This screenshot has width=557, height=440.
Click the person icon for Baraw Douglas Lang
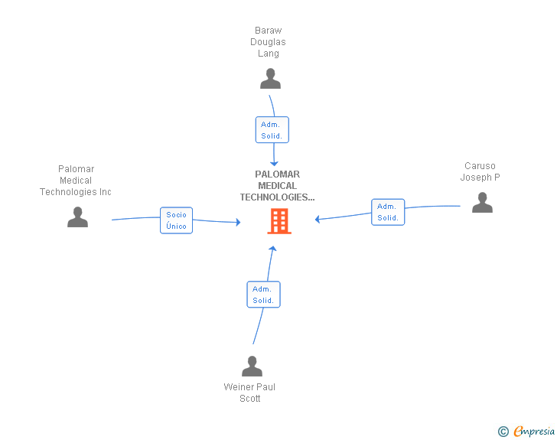270,79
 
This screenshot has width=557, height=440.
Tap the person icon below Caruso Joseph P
482,202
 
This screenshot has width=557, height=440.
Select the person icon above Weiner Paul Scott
252,366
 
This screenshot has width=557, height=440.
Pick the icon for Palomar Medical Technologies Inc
77,217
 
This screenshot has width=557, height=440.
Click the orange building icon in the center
279,221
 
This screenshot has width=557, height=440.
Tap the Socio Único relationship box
176,220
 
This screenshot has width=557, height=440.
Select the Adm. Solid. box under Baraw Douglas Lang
272,130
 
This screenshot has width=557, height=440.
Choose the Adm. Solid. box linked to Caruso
388,212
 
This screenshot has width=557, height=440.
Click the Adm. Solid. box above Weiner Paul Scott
263,295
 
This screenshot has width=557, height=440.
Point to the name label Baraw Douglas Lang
269,42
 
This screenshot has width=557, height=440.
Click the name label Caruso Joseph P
480,171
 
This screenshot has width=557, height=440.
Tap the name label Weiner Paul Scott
249,393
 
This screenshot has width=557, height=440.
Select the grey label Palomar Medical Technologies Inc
76,181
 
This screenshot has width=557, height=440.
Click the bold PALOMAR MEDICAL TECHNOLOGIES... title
277,186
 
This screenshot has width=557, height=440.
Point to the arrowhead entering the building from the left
239,222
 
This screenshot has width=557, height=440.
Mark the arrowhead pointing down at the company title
274,164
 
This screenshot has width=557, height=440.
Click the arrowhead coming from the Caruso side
318,220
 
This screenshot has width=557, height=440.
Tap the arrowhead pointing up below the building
272,249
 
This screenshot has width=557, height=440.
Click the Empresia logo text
534,431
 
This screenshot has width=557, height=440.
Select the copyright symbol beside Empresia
503,432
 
